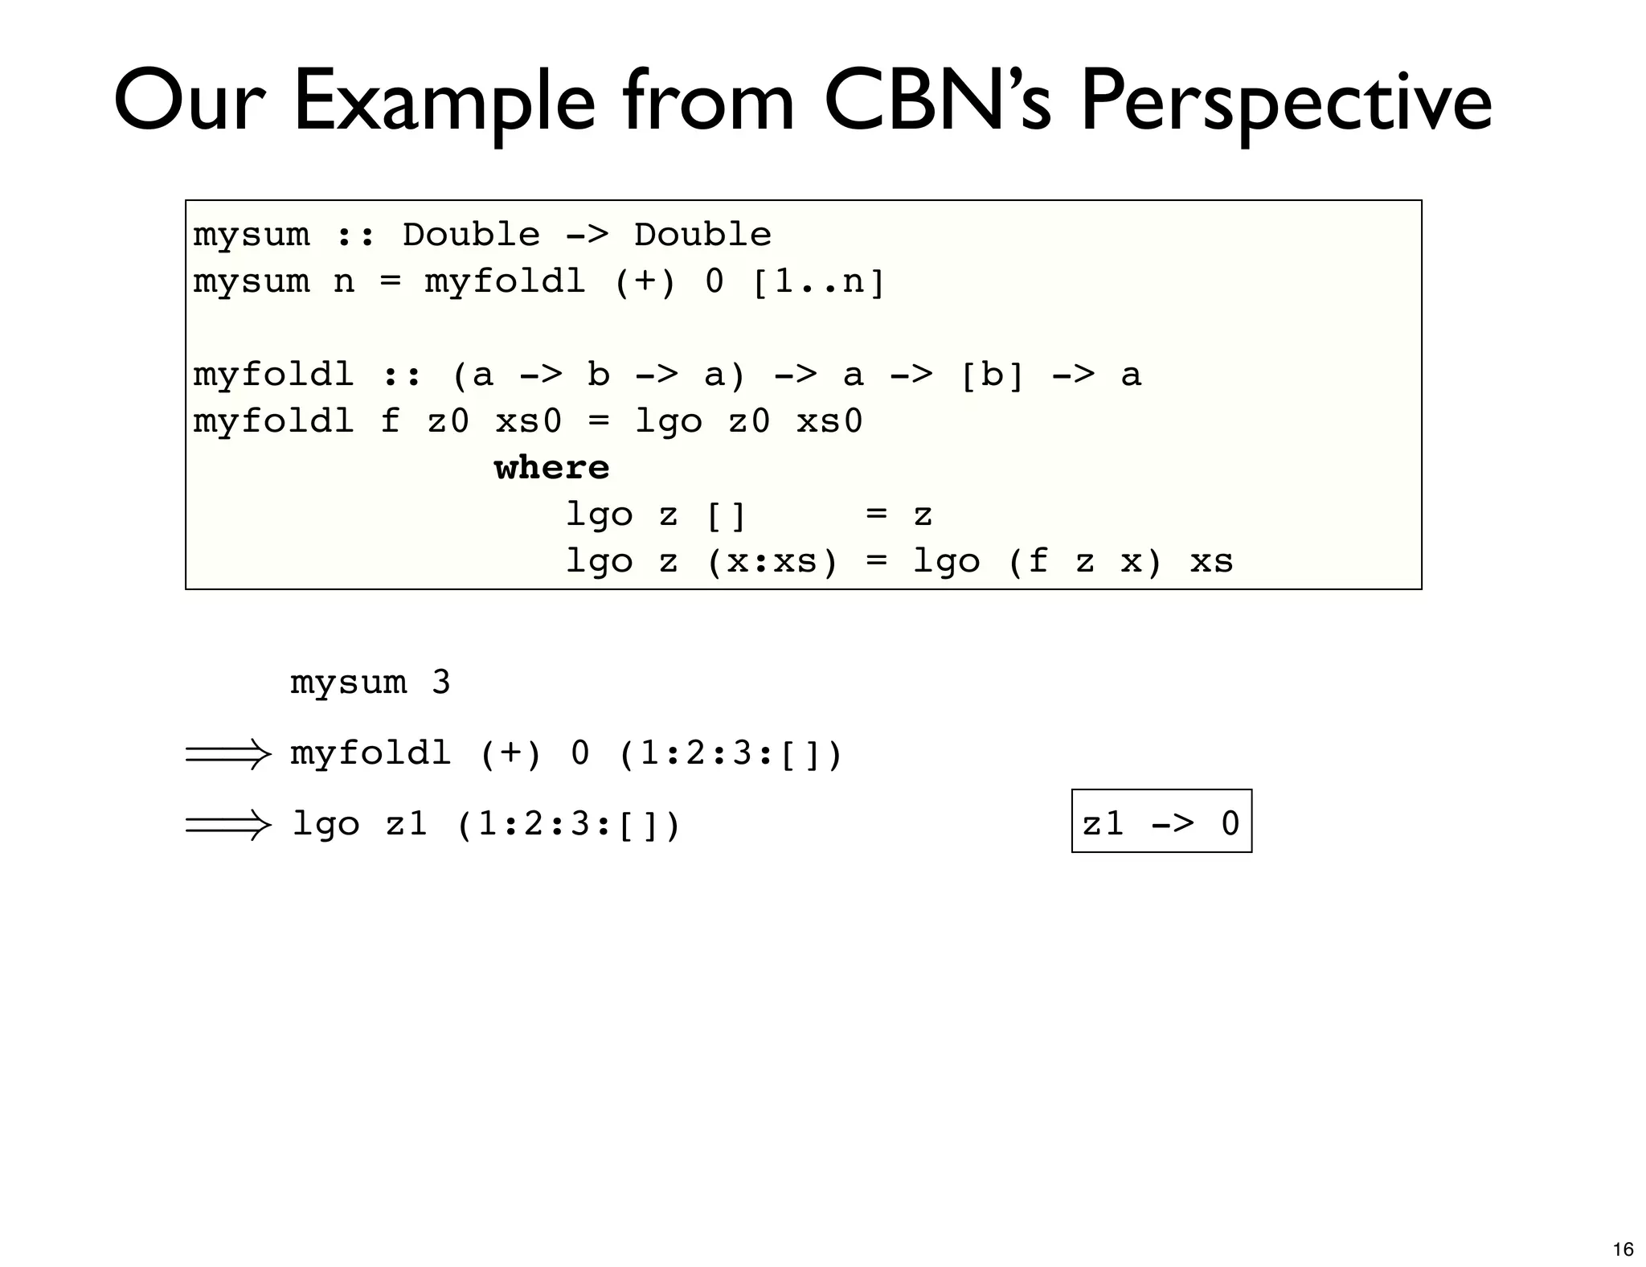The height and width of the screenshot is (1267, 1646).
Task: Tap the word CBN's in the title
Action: [x=937, y=102]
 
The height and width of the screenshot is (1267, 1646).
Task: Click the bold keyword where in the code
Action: [x=551, y=468]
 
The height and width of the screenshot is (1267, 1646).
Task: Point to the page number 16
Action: [x=1623, y=1249]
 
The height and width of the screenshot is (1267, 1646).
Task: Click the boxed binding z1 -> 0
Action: [x=1161, y=822]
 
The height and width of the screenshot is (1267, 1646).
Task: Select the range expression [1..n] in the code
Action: [x=818, y=281]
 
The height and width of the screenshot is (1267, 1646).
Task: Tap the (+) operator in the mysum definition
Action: [x=645, y=281]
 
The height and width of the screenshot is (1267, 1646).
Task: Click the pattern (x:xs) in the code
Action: [x=772, y=561]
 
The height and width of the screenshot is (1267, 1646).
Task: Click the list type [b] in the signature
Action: [x=992, y=375]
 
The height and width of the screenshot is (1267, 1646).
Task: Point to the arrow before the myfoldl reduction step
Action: [x=228, y=754]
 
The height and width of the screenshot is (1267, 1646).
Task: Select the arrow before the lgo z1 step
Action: [x=228, y=824]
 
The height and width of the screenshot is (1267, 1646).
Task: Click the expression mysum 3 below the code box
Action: [x=370, y=683]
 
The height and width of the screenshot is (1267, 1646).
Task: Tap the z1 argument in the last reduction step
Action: [x=406, y=824]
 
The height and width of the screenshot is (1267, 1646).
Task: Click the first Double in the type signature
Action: [x=471, y=235]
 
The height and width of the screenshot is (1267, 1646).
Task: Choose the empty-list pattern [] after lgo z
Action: [x=726, y=515]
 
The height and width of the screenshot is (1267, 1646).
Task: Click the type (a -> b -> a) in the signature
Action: [x=599, y=375]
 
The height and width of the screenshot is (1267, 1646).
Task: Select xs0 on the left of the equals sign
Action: [x=528, y=421]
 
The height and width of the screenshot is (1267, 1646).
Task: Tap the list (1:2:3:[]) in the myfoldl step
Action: [x=730, y=754]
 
